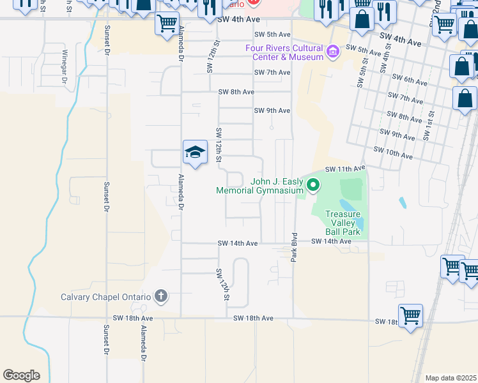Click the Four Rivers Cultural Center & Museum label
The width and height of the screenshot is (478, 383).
pos(284,52)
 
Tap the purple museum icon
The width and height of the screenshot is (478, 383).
pos(332,52)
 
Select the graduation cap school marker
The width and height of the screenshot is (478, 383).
pos(195,152)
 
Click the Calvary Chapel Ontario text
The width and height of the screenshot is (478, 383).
pos(105,296)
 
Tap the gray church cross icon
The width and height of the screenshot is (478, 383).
pos(161,296)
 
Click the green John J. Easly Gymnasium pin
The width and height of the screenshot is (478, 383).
pos(313,186)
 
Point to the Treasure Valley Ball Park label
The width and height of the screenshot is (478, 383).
pos(343,223)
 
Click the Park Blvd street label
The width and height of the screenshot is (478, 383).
pos(295,249)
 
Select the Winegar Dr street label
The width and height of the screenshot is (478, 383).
pos(65,66)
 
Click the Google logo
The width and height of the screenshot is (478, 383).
pos(21,375)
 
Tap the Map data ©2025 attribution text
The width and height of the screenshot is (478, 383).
pos(451,378)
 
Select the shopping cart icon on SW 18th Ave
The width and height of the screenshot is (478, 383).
pos(410,315)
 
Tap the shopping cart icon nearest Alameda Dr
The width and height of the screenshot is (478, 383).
pos(167,24)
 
